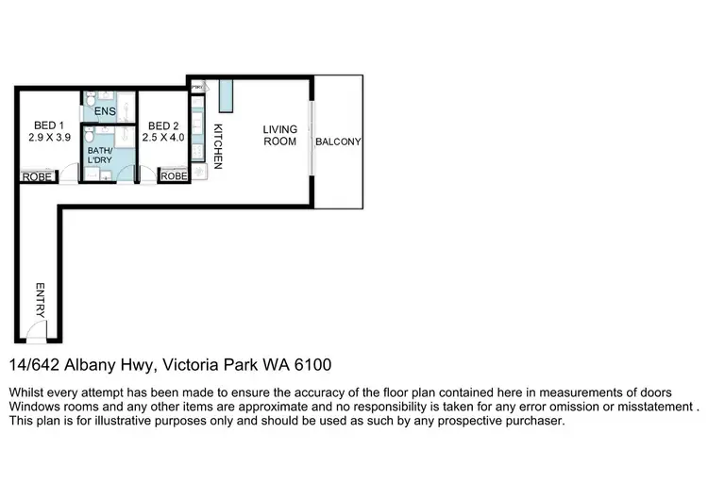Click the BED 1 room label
[x=48, y=125]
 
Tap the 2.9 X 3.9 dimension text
[x=48, y=138]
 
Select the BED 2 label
[x=163, y=125]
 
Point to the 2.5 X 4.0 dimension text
[x=163, y=138]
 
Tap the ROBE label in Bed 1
[x=37, y=175]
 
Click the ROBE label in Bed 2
[x=174, y=175]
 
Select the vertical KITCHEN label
[x=218, y=146]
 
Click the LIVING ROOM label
[x=280, y=135]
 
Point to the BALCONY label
[x=338, y=142]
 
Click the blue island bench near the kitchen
[x=225, y=93]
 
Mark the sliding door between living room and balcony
[x=311, y=142]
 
